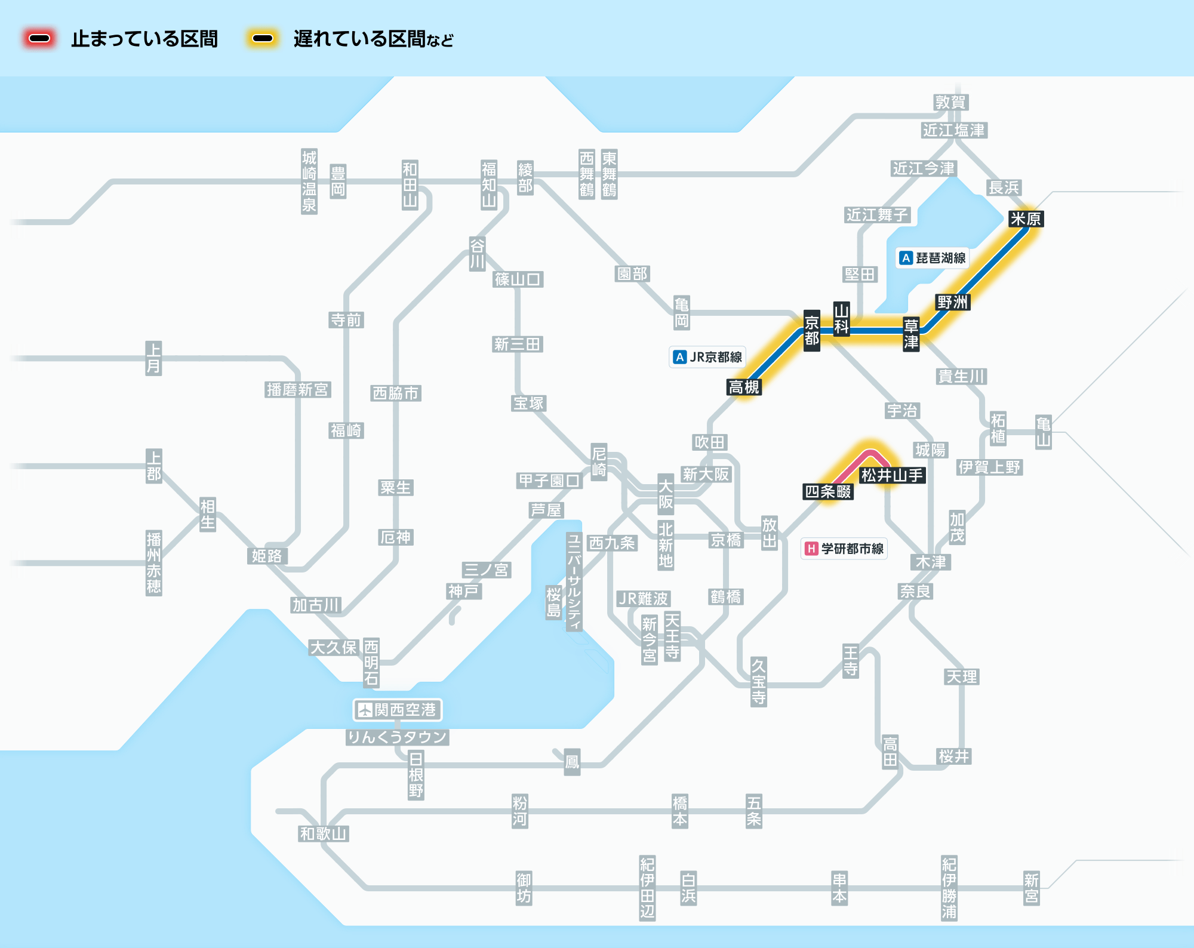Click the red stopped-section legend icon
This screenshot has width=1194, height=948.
(x=39, y=39)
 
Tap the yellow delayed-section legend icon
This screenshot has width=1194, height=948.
(x=263, y=39)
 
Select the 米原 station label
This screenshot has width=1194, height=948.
(x=1026, y=219)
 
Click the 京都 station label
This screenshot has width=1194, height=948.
(x=811, y=331)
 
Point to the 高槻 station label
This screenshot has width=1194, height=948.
(x=744, y=387)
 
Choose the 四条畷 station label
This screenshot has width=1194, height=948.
(x=828, y=491)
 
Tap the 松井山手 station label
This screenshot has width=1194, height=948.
(x=892, y=475)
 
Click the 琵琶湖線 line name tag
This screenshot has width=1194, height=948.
(x=933, y=258)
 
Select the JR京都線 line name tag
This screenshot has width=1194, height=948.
(x=707, y=357)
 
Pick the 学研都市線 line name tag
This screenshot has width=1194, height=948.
(x=844, y=549)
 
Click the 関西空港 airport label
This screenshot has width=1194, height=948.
(x=398, y=710)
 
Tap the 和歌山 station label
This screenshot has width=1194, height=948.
(x=323, y=834)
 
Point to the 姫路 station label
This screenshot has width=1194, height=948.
(x=267, y=556)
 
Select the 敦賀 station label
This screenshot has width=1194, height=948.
(x=950, y=103)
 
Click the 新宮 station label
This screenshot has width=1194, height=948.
(x=1032, y=888)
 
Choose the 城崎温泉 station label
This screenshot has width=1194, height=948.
(x=309, y=181)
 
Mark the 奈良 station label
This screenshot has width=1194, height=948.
(x=915, y=592)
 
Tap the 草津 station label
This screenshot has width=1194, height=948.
(x=911, y=334)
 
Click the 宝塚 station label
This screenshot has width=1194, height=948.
(x=529, y=404)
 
